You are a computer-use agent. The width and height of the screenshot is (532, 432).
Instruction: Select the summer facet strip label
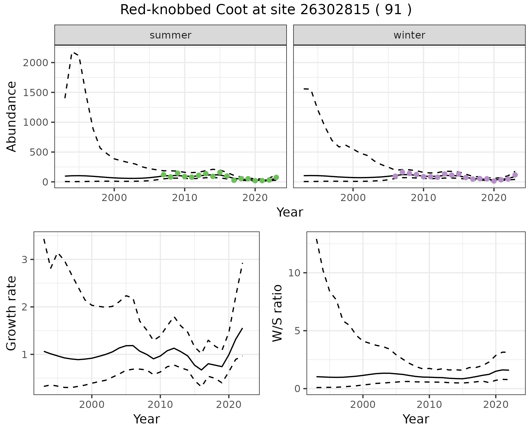tap(170, 35)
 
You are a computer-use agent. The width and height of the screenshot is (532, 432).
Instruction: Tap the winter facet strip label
tap(409, 35)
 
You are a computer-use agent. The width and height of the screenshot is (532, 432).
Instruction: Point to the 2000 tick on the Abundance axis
tap(35, 63)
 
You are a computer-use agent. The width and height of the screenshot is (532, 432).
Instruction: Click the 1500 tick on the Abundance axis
tap(35, 92)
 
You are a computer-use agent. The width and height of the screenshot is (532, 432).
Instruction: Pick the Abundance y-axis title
tap(12, 116)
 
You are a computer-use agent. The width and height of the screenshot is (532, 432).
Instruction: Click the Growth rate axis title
tap(12, 313)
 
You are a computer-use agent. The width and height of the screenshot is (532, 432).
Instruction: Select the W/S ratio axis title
tap(277, 313)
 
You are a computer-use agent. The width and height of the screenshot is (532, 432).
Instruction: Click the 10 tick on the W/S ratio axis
tap(295, 273)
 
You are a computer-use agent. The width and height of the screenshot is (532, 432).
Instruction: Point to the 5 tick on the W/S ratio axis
tap(298, 331)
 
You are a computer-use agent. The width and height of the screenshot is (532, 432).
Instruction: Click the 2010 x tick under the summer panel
tap(184, 198)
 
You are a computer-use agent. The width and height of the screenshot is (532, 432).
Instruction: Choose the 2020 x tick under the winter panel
tap(493, 198)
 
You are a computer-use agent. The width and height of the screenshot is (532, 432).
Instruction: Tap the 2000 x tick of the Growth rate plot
tap(92, 405)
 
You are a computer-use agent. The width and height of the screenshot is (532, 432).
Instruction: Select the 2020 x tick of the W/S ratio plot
tap(496, 405)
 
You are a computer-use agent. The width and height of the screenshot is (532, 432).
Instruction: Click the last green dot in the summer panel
tap(276, 178)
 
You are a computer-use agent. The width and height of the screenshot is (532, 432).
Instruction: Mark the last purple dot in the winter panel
tap(515, 175)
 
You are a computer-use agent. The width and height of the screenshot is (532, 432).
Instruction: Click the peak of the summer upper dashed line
tap(74, 52)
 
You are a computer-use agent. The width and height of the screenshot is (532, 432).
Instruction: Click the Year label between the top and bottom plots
tap(290, 212)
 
